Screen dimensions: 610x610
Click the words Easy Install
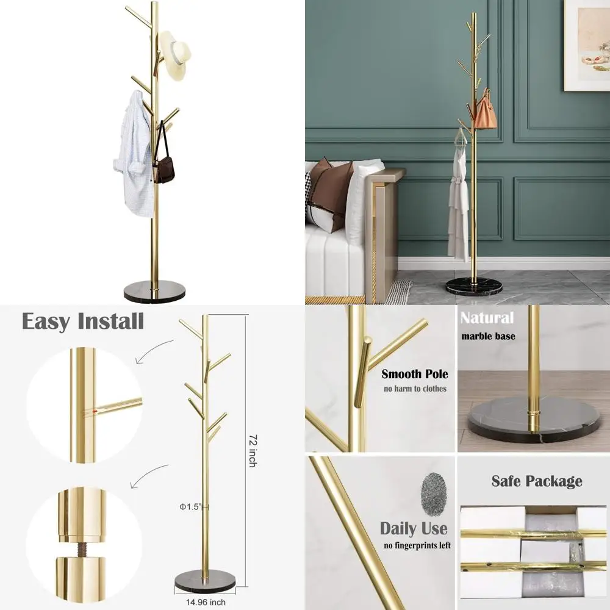tap(83, 321)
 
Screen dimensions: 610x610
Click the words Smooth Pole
tap(414, 374)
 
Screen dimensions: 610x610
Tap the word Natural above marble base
tap(487, 318)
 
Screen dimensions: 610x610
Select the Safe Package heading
tap(537, 481)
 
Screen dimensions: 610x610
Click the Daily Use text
tap(414, 528)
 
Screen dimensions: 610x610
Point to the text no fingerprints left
tap(417, 545)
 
